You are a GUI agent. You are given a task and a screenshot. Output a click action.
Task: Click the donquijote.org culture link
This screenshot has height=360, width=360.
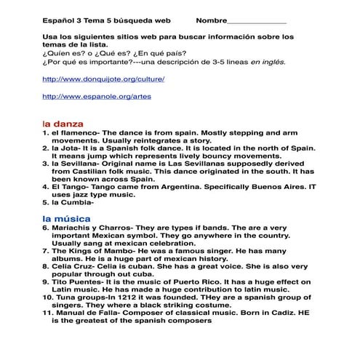click(103, 79)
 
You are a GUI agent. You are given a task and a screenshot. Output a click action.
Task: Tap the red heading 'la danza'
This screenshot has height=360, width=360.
click(63, 124)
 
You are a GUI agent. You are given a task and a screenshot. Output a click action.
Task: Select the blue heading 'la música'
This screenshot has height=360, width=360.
click(66, 218)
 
